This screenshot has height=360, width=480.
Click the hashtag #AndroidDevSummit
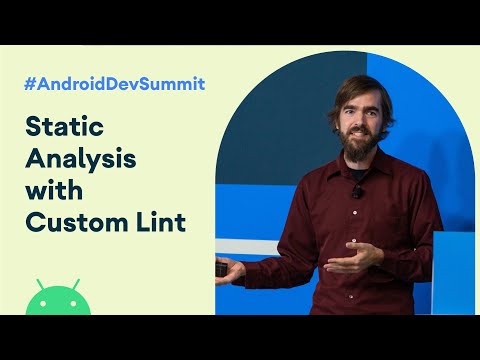click(x=114, y=84)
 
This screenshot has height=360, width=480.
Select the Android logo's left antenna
click(x=40, y=283)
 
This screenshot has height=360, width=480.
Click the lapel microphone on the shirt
click(x=357, y=191)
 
